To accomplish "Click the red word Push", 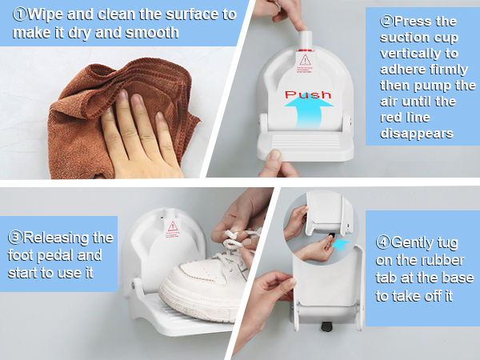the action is click(308, 94).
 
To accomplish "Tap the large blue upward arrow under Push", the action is click(309, 113).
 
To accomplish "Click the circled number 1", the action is click(20, 14).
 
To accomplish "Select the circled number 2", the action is click(386, 22).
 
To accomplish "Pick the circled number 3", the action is click(15, 238).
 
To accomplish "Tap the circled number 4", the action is click(383, 242).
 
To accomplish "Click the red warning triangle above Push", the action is click(306, 60).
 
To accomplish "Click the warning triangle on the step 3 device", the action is click(173, 226).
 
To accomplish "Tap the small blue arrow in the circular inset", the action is click(341, 246).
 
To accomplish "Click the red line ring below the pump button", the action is click(306, 50).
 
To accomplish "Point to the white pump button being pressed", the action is click(306, 39).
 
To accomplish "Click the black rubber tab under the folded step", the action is click(327, 326).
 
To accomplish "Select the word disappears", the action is click(416, 134).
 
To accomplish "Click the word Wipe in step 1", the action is click(45, 15).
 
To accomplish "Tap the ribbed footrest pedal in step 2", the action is click(306, 145).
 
